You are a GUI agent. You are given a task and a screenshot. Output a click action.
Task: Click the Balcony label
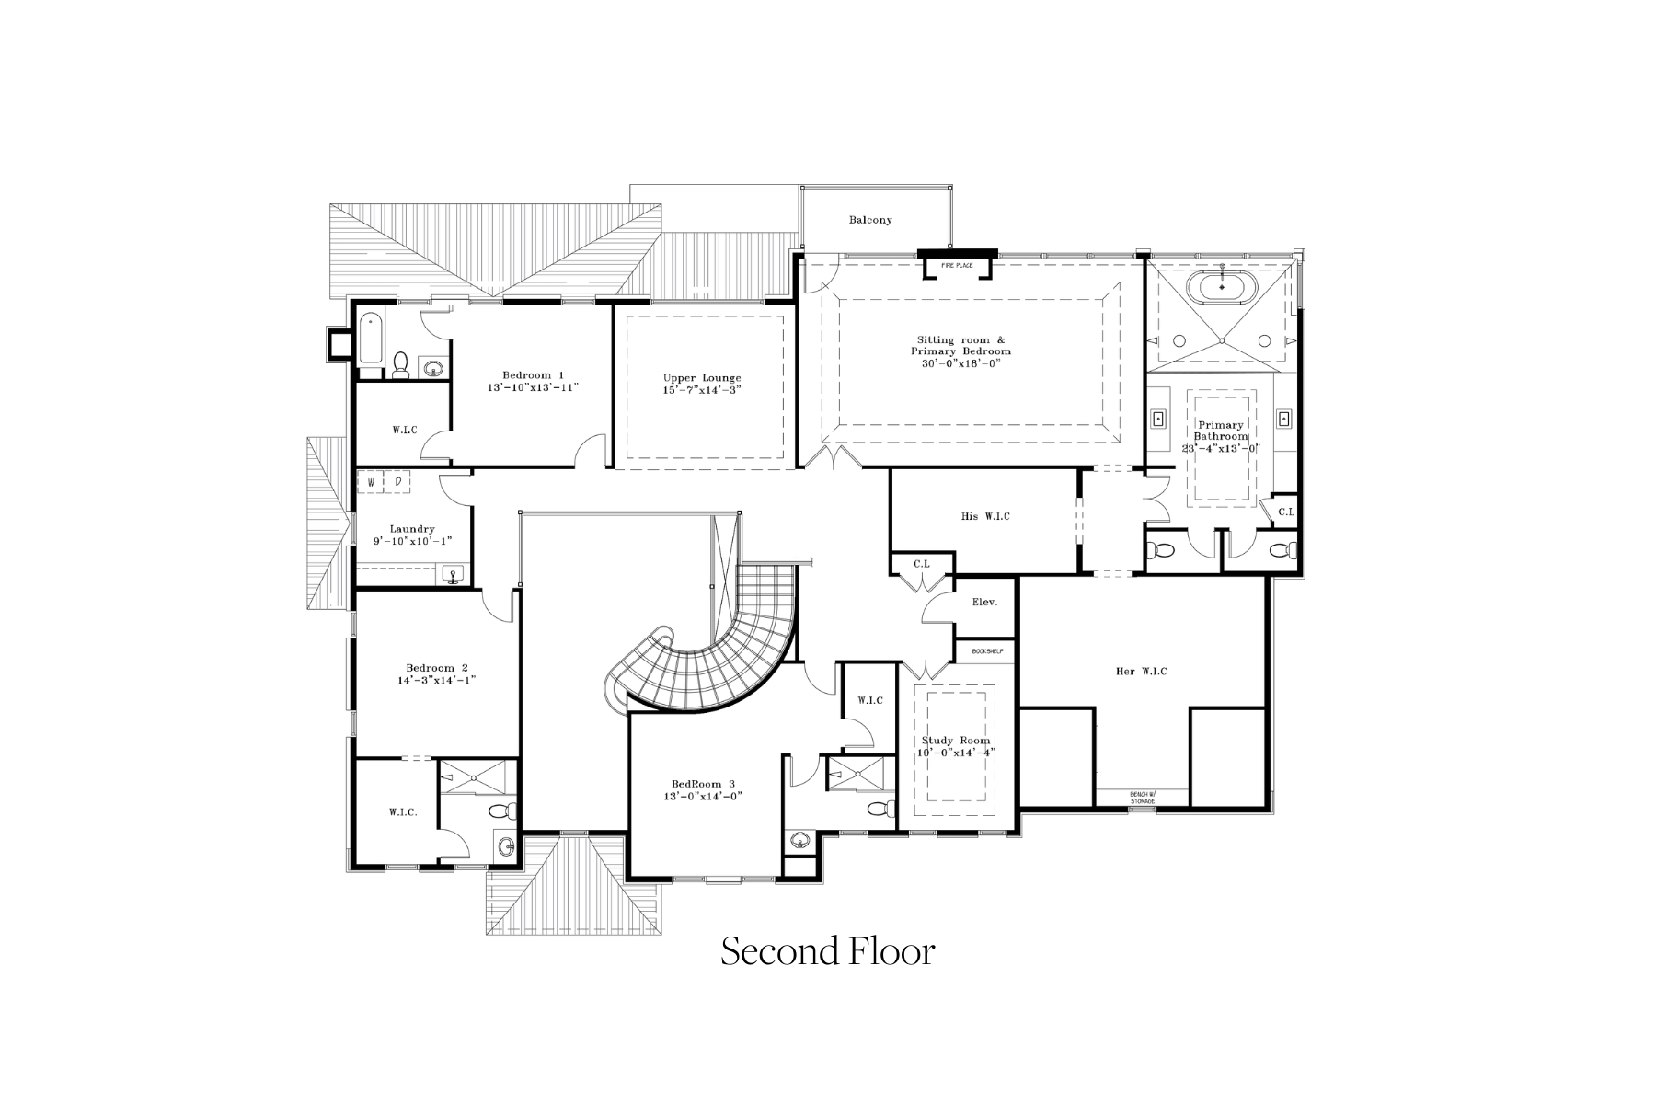(869, 220)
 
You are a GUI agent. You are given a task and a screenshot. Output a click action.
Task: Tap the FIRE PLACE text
(957, 266)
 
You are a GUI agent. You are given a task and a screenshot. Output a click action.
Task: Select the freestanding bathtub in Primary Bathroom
(1222, 286)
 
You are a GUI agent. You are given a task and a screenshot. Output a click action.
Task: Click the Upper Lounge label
(702, 378)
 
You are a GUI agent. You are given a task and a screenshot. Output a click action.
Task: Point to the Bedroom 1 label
(533, 375)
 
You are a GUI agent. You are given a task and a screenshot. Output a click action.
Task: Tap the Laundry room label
(411, 529)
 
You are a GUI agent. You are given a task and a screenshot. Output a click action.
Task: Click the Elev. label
(985, 603)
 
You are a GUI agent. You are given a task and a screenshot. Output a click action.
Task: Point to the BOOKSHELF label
(986, 651)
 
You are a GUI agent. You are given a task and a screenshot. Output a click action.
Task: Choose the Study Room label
(956, 741)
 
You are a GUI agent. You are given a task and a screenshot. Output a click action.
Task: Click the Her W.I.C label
(1141, 672)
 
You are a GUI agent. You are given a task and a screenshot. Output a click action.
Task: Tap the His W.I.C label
(984, 516)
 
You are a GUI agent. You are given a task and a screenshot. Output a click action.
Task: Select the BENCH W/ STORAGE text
(1142, 798)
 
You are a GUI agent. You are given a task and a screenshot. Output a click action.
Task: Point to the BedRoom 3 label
(704, 784)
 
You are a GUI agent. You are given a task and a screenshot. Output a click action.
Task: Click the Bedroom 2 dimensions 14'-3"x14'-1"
(436, 681)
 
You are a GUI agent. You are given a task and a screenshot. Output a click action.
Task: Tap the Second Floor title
(827, 951)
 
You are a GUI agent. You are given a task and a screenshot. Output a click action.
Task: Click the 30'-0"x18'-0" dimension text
(960, 363)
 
